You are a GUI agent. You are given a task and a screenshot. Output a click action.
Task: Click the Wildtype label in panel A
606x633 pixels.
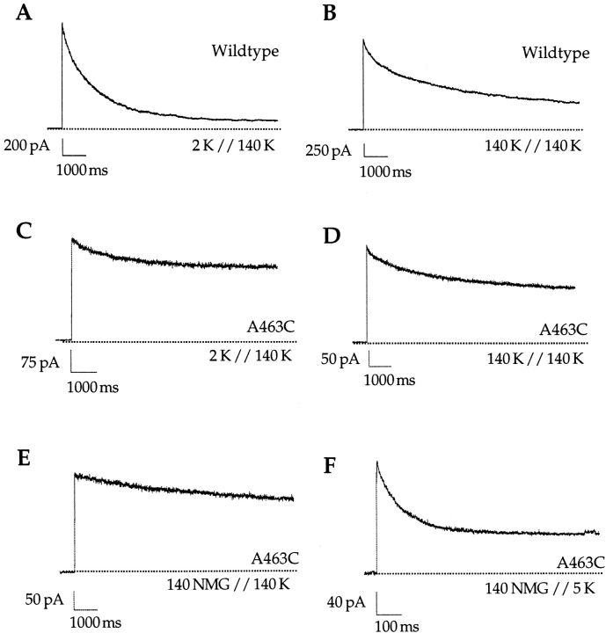[x=245, y=51]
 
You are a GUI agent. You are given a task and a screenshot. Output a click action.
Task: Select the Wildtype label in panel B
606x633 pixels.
[x=554, y=54]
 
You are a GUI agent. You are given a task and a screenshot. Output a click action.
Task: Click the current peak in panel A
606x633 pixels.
[x=62, y=24]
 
